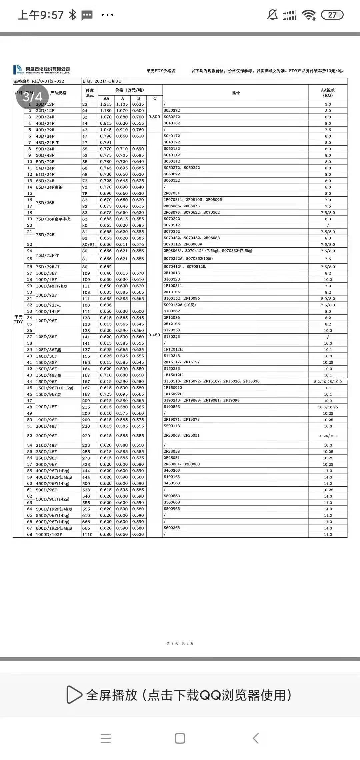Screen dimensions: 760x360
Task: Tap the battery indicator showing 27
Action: tap(332, 15)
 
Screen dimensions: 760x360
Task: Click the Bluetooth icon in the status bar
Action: tap(72, 15)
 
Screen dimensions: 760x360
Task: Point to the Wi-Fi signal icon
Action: tap(309, 15)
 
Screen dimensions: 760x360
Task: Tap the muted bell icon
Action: tap(272, 15)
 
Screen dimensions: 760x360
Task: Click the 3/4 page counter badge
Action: tap(33, 97)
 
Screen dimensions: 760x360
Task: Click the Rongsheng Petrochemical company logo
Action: tap(42, 70)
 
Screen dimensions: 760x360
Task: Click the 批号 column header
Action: tap(236, 93)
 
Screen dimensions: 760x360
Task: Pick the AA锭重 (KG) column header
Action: tap(328, 93)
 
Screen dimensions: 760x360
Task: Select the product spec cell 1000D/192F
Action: tap(49, 534)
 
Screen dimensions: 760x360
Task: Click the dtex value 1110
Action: tap(87, 534)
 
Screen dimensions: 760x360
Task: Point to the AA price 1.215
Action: tap(106, 104)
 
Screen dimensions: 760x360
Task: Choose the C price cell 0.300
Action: tap(154, 117)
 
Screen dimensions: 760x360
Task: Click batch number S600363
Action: tap(172, 528)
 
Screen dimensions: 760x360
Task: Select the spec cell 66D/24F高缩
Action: tap(49, 187)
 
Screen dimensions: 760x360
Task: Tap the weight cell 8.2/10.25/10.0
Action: tap(328, 382)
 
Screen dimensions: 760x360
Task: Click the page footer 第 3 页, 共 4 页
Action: tap(180, 643)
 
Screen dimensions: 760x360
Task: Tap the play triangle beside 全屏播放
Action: tap(74, 695)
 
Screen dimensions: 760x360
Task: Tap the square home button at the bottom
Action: tap(180, 738)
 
